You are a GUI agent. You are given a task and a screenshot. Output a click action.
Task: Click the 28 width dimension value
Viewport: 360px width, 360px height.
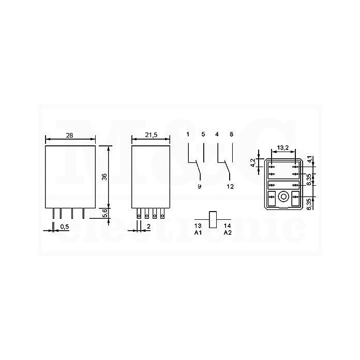(69, 136)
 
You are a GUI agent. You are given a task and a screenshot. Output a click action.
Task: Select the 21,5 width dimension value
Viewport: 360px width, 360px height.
(151, 135)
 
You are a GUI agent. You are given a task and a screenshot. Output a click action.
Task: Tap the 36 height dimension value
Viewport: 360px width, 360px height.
(104, 177)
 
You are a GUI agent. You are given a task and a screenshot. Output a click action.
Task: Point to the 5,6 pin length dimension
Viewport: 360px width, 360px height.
(104, 213)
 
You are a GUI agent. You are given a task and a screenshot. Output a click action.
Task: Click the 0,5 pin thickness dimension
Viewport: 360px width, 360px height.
(65, 227)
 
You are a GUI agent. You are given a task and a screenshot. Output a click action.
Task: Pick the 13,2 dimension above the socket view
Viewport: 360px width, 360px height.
(282, 147)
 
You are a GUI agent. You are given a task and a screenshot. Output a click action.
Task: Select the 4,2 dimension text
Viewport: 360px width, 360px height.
(253, 162)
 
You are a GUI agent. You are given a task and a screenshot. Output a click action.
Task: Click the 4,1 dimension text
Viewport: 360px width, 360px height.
(309, 159)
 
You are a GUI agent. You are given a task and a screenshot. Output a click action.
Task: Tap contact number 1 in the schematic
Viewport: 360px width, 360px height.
(188, 134)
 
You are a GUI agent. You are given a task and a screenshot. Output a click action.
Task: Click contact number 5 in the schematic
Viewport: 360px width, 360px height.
(203, 134)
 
